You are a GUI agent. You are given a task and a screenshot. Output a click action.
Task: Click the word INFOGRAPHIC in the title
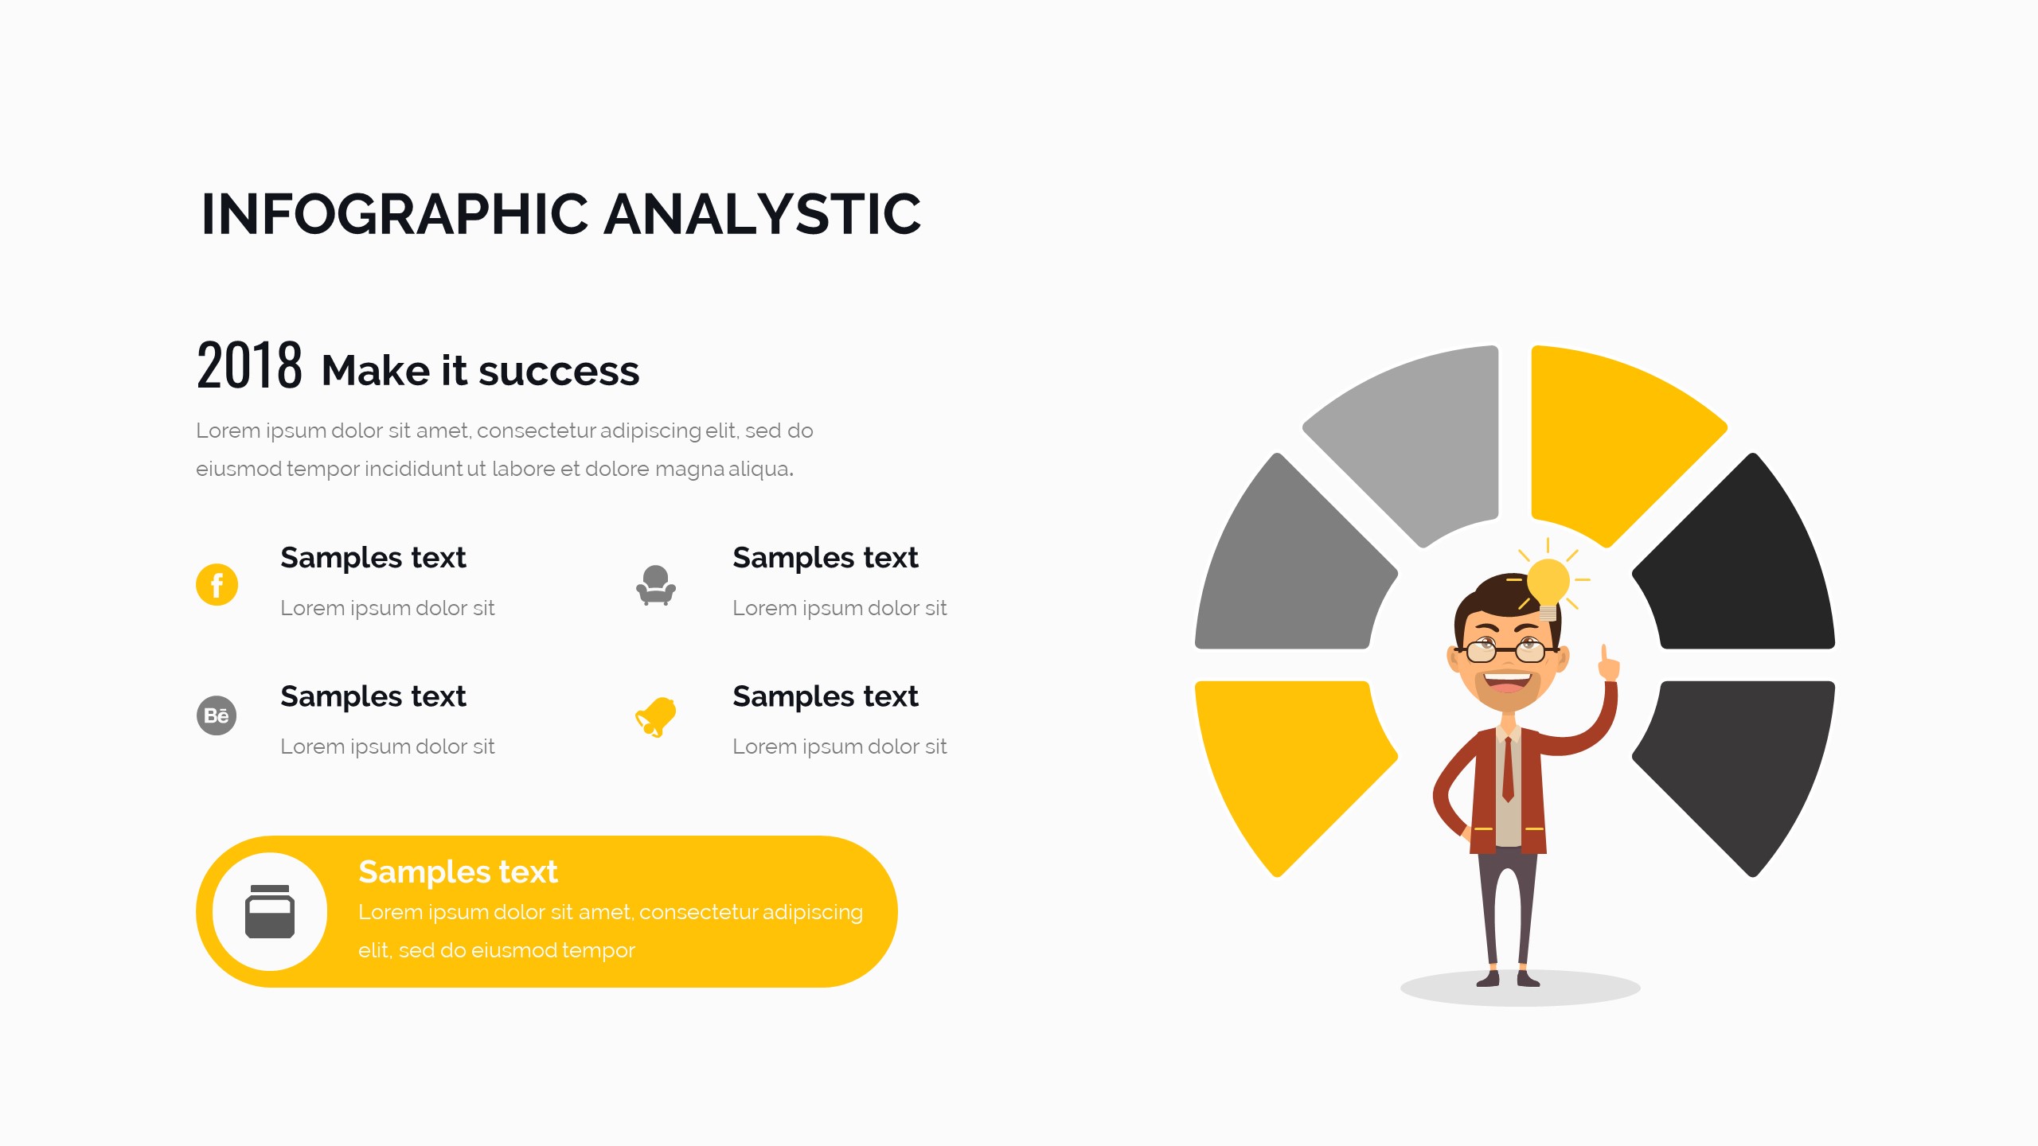tap(395, 214)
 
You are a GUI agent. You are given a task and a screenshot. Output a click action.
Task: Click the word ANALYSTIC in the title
tap(763, 214)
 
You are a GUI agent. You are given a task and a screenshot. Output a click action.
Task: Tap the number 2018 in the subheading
tap(249, 365)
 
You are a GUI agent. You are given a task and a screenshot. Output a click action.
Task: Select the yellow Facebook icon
tap(217, 585)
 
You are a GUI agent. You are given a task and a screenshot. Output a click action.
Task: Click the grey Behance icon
tap(217, 715)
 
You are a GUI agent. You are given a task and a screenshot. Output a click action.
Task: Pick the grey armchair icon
tap(656, 586)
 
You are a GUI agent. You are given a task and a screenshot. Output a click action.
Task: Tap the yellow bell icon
tap(656, 717)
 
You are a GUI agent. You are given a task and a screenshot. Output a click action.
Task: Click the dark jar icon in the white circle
tap(270, 912)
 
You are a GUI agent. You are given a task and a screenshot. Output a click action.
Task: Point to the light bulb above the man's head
tap(1548, 587)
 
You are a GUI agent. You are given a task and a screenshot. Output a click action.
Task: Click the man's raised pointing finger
tap(1606, 657)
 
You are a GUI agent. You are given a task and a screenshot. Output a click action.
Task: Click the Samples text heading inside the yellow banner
tap(458, 873)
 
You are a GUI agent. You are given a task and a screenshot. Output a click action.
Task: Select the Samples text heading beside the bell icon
tap(826, 697)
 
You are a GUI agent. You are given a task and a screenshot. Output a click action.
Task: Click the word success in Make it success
tap(559, 371)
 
